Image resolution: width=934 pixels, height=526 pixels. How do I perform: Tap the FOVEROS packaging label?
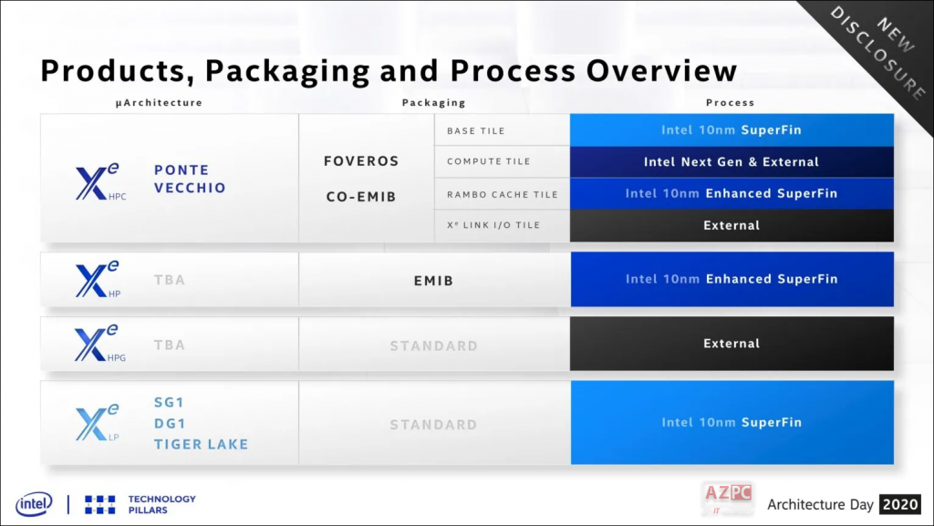tap(361, 161)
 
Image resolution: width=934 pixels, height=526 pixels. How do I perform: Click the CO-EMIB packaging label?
tap(361, 196)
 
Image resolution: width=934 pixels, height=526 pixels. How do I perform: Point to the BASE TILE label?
tap(475, 131)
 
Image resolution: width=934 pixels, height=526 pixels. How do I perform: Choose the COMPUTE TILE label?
tap(488, 162)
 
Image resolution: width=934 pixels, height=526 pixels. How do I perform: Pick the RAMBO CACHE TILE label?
tap(502, 194)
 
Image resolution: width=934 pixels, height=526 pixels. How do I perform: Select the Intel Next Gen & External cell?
tap(731, 162)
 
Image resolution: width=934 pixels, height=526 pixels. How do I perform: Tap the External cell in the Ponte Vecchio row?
tap(731, 225)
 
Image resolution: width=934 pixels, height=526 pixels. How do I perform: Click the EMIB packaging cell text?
tap(433, 281)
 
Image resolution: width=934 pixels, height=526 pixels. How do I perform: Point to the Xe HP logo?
tap(97, 280)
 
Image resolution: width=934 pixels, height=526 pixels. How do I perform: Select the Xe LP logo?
tap(97, 423)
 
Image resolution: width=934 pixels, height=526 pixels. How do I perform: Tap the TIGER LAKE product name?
tap(201, 444)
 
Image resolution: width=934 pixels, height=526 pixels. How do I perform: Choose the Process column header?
tap(730, 103)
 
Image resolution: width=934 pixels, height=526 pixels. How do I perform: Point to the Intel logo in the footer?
tap(34, 504)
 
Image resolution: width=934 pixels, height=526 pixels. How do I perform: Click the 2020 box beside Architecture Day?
tap(901, 504)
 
